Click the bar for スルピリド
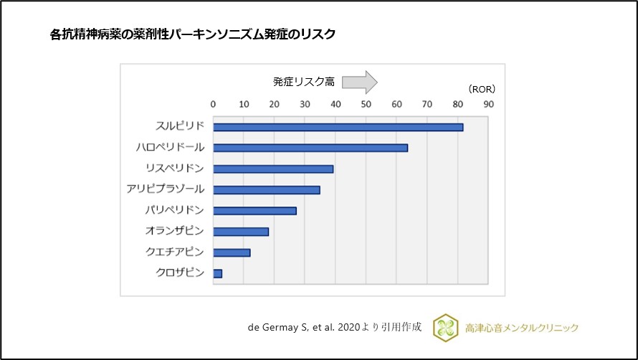tap(338, 127)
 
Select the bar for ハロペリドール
tap(310, 148)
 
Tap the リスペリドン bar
tap(273, 169)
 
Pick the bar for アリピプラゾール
tap(267, 190)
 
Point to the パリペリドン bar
tap(254, 211)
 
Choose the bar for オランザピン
tap(241, 232)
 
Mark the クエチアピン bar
tap(232, 252)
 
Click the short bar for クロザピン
tap(218, 273)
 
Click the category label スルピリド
tap(180, 126)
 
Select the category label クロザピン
tap(180, 273)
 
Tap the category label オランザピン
tap(175, 231)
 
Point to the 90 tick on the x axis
tap(488, 104)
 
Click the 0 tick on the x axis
tap(213, 104)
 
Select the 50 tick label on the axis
tap(366, 104)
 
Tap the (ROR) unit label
tap(482, 90)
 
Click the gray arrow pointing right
tap(358, 82)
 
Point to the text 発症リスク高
tap(303, 82)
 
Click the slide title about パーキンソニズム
tap(192, 34)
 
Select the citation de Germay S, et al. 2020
tap(333, 328)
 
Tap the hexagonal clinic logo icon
tap(445, 328)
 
